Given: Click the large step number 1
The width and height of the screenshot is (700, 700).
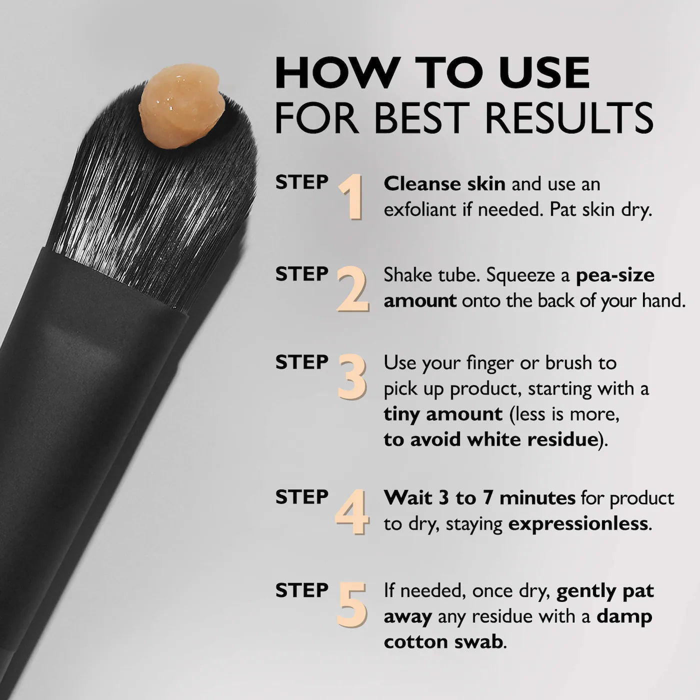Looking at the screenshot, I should click(351, 197).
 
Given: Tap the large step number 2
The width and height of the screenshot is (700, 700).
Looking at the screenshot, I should click(352, 289).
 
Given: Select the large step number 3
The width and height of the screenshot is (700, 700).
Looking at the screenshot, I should click(352, 377).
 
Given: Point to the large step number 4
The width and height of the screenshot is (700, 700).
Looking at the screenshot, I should click(352, 512).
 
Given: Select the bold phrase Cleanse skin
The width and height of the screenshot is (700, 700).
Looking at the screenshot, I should click(444, 184).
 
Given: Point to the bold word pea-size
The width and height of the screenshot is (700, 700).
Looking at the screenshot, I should click(615, 275).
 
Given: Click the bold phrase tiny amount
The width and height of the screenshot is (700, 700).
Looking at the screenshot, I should click(443, 414).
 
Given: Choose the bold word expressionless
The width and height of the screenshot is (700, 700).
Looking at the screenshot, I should click(578, 524).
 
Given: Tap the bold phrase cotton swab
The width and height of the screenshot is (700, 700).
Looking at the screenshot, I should click(442, 642).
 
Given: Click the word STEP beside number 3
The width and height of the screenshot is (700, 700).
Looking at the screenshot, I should click(301, 362).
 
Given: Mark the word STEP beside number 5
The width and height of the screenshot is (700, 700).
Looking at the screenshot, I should click(301, 590).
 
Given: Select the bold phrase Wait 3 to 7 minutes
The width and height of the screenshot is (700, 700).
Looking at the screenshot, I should click(479, 498).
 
